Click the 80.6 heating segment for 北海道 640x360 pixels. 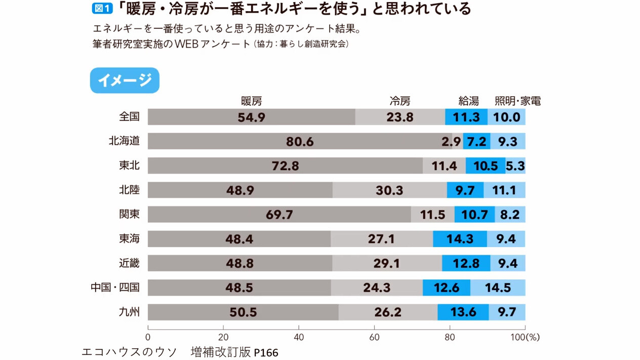click(x=300, y=141)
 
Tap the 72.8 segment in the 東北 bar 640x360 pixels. click(x=285, y=166)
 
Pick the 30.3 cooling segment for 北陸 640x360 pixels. click(x=389, y=190)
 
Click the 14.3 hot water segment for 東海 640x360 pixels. click(x=460, y=238)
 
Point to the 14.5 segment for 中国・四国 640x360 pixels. click(x=498, y=288)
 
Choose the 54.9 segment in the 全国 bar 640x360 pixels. click(x=251, y=117)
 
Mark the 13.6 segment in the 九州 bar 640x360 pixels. click(x=463, y=312)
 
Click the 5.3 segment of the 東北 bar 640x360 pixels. click(x=515, y=166)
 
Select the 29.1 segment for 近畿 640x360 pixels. click(x=387, y=263)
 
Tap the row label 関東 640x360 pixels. click(x=129, y=214)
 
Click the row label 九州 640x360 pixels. click(x=129, y=312)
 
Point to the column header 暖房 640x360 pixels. click(x=252, y=101)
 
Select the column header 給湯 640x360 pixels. click(x=468, y=101)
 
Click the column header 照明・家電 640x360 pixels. click(x=517, y=101)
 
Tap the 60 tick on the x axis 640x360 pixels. click(x=374, y=337)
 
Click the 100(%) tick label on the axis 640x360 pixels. click(x=525, y=337)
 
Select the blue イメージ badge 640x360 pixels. click(x=125, y=81)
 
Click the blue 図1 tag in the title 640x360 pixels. click(x=102, y=9)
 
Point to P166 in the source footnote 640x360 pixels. click(x=266, y=352)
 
